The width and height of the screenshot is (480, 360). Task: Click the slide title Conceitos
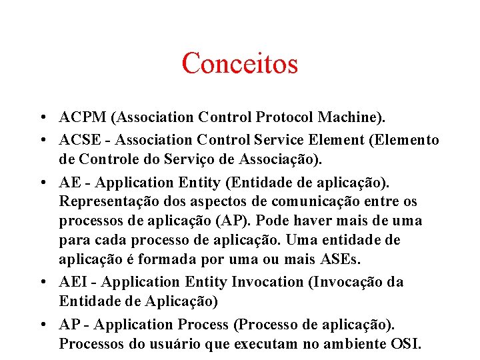[x=239, y=64]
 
